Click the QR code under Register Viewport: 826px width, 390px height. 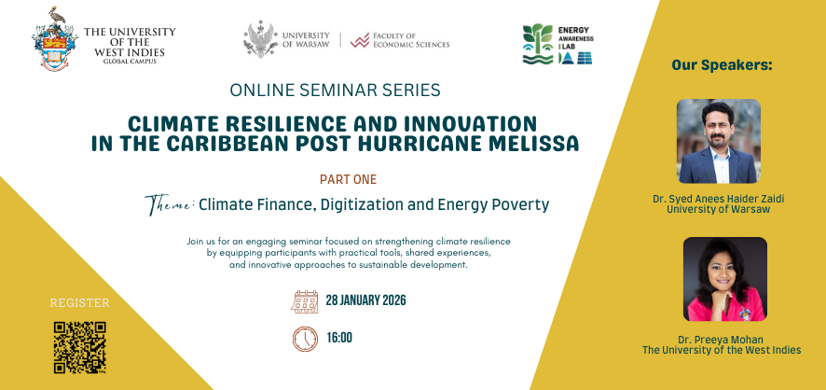coord(79,347)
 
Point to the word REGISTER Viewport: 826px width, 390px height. coord(79,303)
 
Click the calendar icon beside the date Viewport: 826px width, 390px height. coord(305,300)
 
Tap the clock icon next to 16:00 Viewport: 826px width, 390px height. coord(305,338)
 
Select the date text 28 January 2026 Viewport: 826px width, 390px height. coord(365,300)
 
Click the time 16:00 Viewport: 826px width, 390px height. coord(338,338)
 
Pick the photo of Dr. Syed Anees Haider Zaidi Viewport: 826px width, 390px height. coord(718,142)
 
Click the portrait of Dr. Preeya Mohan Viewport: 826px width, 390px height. coord(724,279)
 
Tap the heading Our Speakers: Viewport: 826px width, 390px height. coord(722,66)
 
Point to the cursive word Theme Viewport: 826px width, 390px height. coord(169,204)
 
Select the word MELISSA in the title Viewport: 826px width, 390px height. coord(534,144)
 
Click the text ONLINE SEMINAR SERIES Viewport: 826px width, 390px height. coord(347,91)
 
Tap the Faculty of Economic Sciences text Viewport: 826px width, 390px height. coord(410,40)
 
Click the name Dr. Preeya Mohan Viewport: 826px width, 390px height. coord(721,339)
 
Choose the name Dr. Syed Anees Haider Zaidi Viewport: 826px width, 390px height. coord(721,199)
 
